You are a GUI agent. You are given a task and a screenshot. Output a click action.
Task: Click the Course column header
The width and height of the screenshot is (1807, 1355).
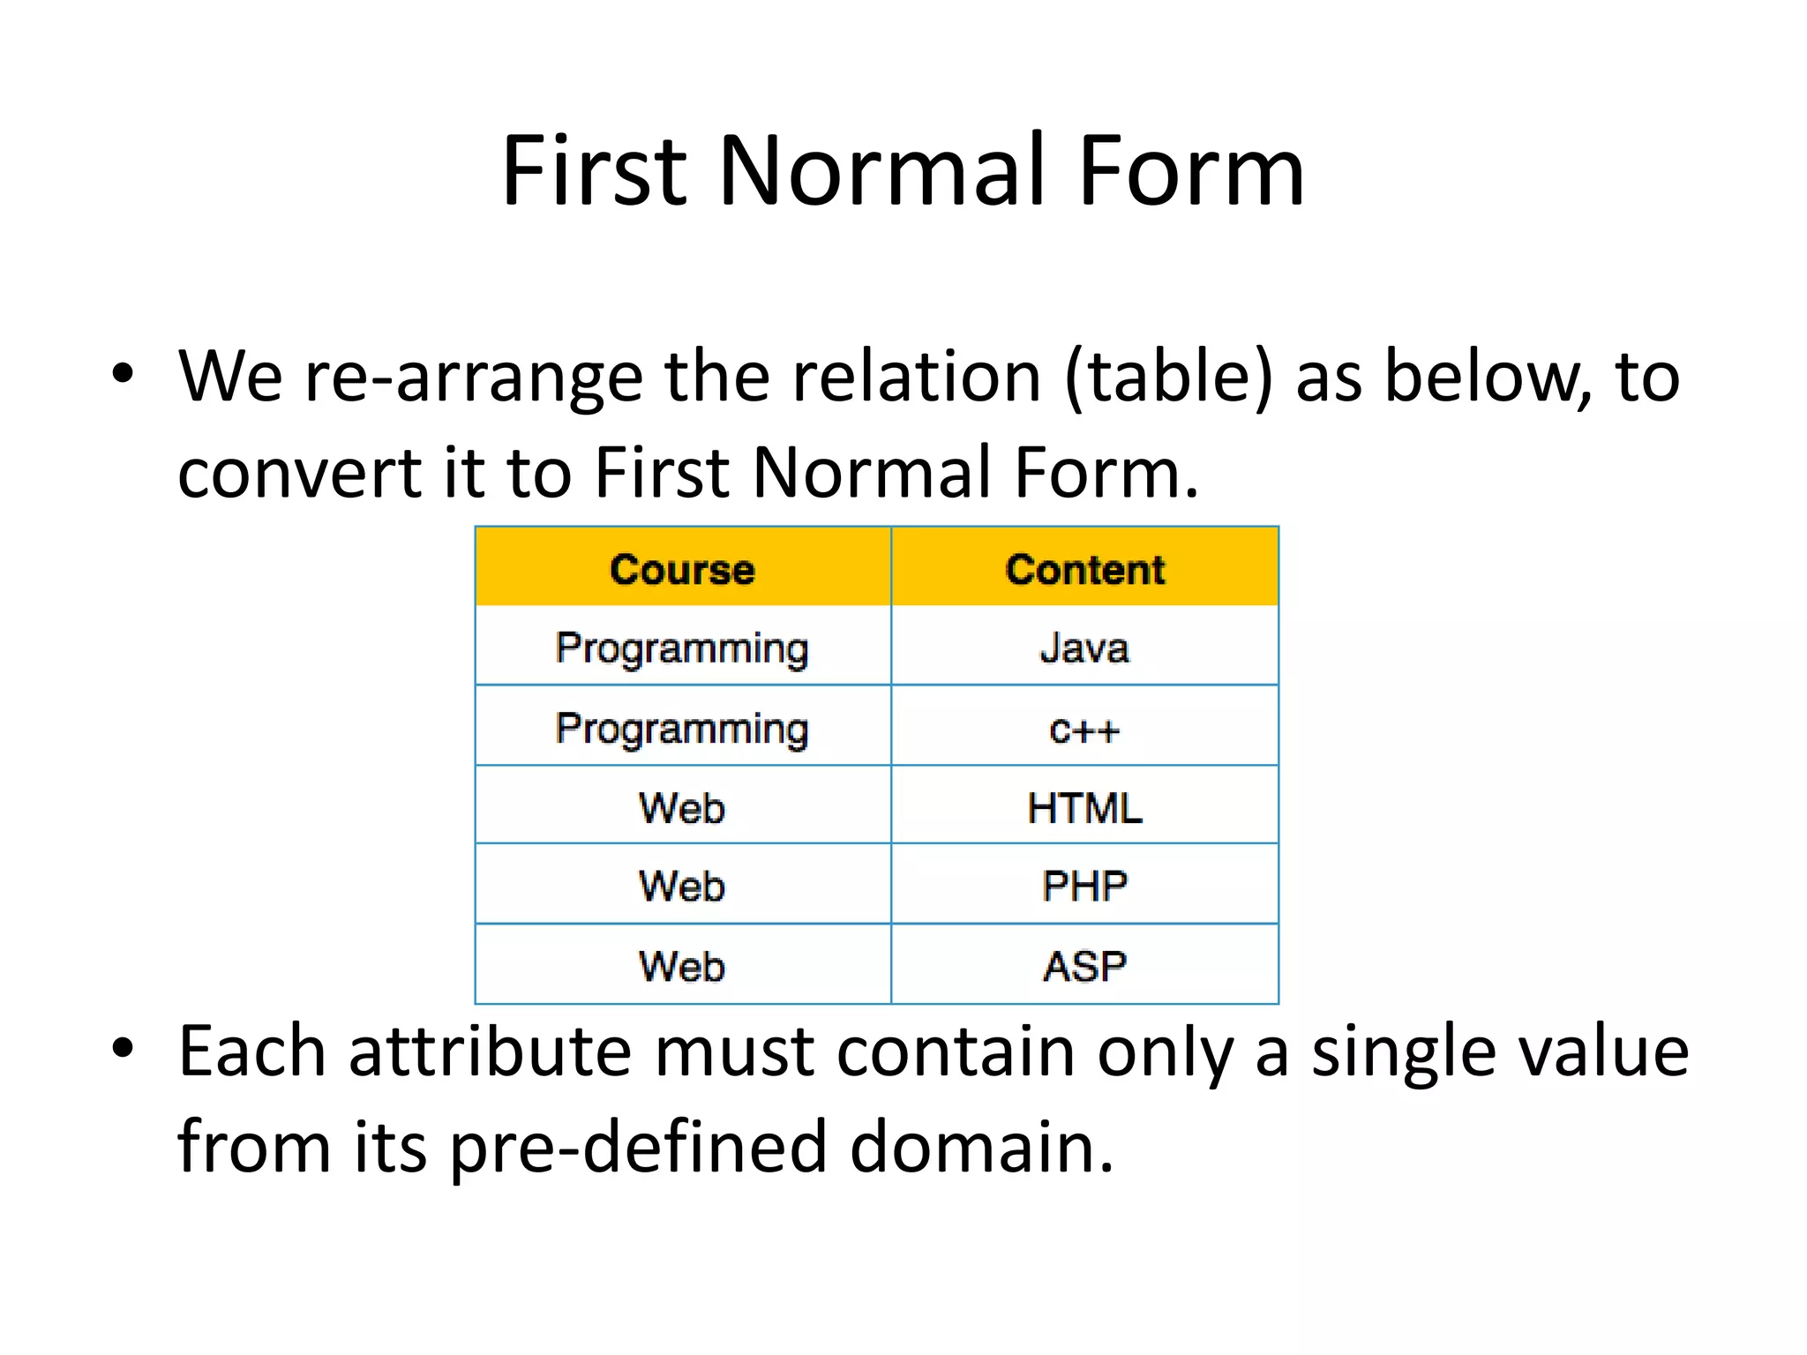(x=682, y=569)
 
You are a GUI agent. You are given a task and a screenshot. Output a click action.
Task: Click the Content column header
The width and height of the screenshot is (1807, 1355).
(x=1084, y=569)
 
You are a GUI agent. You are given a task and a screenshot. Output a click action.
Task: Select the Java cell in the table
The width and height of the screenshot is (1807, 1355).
(x=1084, y=648)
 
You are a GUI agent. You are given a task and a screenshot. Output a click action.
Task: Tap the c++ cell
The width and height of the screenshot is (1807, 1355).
(x=1084, y=730)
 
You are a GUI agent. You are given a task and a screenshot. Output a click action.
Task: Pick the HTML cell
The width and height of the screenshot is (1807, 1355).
(x=1084, y=808)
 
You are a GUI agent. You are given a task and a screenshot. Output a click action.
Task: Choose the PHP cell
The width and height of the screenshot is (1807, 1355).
(x=1084, y=886)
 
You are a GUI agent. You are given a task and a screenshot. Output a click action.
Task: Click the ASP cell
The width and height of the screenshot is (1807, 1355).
(x=1084, y=966)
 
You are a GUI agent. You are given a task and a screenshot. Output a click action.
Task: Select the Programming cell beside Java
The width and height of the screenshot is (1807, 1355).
(x=682, y=648)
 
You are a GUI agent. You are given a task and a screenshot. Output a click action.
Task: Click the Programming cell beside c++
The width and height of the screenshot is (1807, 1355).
(x=682, y=730)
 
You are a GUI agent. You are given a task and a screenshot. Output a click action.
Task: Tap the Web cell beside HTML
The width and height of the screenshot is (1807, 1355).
(x=682, y=808)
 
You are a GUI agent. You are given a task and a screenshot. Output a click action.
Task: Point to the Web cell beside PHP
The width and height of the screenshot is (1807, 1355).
(x=682, y=886)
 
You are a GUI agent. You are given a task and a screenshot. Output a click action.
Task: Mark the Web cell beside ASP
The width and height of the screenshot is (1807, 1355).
(x=682, y=966)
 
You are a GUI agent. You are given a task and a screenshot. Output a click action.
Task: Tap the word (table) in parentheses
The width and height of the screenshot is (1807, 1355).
(x=1169, y=378)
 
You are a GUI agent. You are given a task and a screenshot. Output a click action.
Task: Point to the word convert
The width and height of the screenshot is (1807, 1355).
(x=298, y=474)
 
